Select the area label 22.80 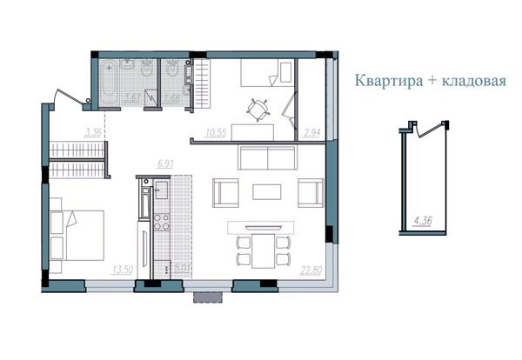(x=312, y=269)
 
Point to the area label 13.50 (x=121, y=269)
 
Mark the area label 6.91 (x=165, y=163)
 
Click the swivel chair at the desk (x=258, y=110)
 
